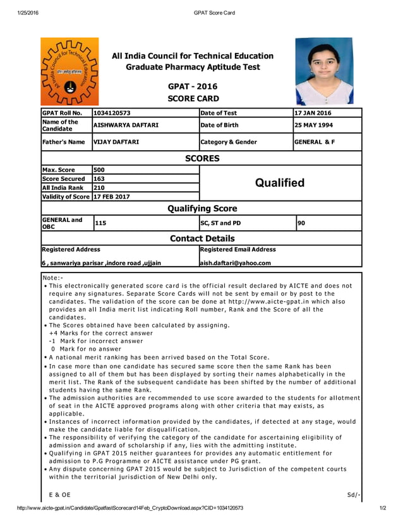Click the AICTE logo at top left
tap(69, 71)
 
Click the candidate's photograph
tap(324, 71)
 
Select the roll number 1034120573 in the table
tap(112, 113)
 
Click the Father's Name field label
tap(63, 142)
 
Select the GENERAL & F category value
tap(315, 142)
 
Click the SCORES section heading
tap(201, 158)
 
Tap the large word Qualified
tap(280, 183)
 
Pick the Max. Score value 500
tap(100, 170)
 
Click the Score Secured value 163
tap(99, 179)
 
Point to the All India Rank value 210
tap(99, 187)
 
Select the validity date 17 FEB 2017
tap(112, 196)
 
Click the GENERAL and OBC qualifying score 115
tap(100, 223)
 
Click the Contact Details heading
tap(201, 238)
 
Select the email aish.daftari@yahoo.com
tap(236, 263)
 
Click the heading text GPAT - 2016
tap(193, 86)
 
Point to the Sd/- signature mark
tap(353, 495)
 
